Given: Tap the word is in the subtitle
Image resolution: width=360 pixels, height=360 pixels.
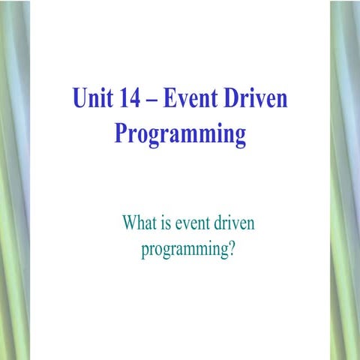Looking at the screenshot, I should pos(169,223).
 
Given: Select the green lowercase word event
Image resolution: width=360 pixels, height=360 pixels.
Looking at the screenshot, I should pos(196,223).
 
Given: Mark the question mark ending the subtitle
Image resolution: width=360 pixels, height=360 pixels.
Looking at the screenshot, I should pos(232,248).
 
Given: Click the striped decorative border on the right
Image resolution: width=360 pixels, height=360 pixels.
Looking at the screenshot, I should pos(345,180).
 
